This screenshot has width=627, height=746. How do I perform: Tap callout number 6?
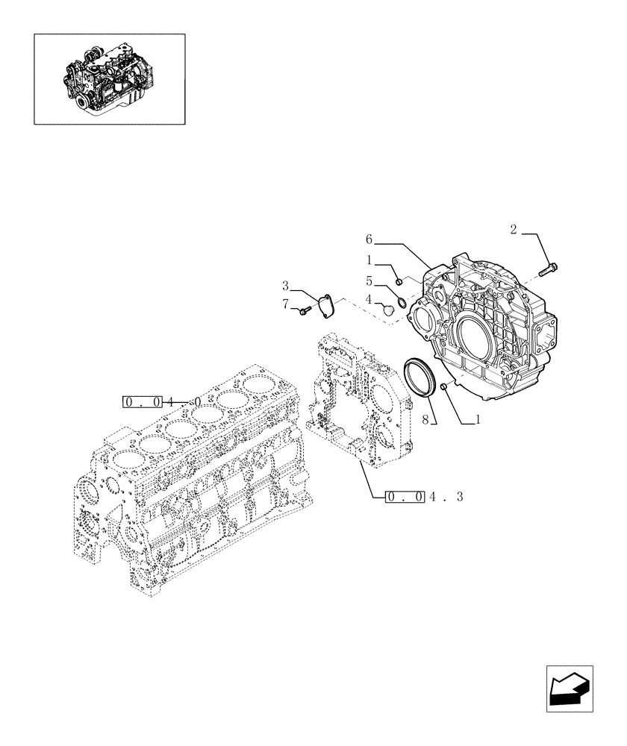point(369,239)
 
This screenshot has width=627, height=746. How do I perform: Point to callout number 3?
point(286,285)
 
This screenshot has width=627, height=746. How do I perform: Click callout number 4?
point(369,298)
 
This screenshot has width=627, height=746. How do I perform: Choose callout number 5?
point(369,281)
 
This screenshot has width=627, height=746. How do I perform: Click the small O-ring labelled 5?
point(402,301)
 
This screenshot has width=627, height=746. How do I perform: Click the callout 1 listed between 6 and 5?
point(369,260)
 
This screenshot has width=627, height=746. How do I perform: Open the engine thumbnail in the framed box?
point(109,78)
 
